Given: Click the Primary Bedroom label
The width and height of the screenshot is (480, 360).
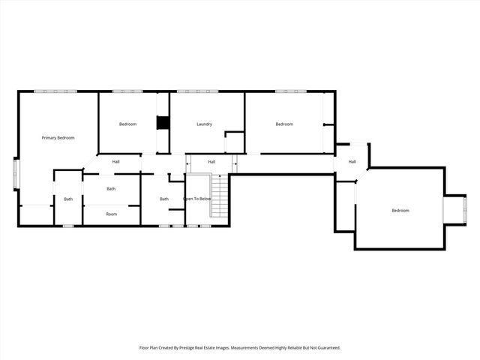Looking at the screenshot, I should point(58,138).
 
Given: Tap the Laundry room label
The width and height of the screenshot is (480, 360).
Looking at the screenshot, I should point(205,124).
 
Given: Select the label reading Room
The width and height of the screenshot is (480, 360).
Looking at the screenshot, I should point(111,214).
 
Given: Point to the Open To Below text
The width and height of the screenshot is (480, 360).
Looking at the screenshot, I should point(197,199).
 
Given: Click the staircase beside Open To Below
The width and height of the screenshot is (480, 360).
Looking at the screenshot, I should point(218,196).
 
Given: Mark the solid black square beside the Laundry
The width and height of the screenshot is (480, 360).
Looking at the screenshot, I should point(162,123).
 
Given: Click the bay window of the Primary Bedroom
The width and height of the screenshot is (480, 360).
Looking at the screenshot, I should point(16,174).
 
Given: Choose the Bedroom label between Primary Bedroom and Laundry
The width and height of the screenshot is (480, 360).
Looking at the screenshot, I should point(127,124).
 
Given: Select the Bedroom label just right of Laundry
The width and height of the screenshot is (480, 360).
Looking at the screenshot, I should point(283,124).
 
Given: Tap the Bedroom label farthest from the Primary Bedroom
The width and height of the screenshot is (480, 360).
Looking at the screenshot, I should point(400,211).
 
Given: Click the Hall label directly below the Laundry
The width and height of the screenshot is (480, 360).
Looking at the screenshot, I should point(211,162).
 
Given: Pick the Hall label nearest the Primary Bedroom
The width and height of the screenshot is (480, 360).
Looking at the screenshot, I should point(116,162).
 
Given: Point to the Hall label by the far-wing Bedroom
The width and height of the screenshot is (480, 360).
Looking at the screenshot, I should point(352,162).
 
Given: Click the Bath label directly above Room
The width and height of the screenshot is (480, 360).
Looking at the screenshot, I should point(111,189).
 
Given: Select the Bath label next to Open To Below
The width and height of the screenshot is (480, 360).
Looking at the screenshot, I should point(163,199).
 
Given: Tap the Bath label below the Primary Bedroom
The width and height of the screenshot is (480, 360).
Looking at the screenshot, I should point(68,199).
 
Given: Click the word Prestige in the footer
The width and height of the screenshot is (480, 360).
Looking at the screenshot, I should point(196,348).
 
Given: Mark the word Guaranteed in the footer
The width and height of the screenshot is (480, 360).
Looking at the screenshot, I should point(326,348).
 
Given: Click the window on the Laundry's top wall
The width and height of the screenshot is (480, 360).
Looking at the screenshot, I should point(197,91).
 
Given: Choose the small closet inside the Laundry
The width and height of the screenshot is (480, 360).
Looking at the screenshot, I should point(235,142).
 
